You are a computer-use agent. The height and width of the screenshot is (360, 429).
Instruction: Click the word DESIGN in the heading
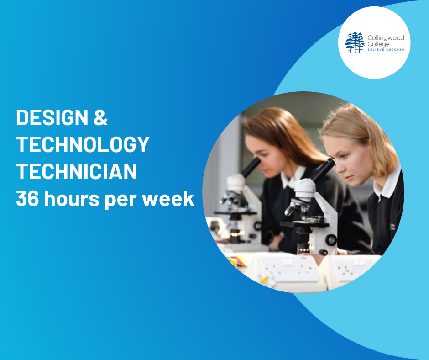tap(52, 117)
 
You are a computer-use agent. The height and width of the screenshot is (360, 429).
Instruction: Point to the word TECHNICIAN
tap(76, 171)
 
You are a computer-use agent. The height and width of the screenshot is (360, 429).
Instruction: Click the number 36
tap(27, 198)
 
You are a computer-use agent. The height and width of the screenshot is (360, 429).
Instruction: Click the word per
tap(120, 201)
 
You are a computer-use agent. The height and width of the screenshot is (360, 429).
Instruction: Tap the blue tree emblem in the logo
tap(355, 42)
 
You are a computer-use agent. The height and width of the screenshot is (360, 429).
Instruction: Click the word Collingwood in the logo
tap(386, 38)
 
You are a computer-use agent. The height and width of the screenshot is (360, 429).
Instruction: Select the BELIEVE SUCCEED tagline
tap(386, 50)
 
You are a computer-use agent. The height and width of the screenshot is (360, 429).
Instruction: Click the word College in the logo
tap(378, 44)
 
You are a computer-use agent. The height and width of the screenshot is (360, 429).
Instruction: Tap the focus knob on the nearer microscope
tap(331, 240)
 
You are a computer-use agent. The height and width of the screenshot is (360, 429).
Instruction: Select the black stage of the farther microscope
tap(235, 212)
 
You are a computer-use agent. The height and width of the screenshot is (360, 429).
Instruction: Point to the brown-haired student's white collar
tap(292, 178)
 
